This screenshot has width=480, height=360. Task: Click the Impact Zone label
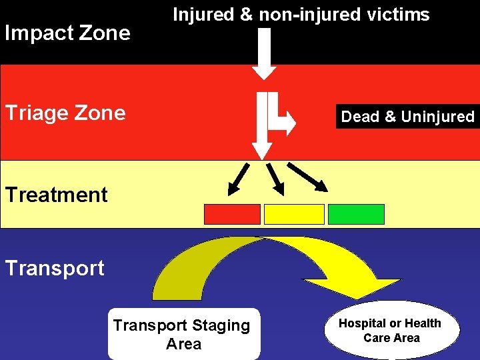[x=67, y=33]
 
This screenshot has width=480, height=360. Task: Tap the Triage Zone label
[x=65, y=113]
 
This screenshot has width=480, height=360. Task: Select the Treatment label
[x=56, y=195]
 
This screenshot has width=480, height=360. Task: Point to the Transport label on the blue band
[x=55, y=268]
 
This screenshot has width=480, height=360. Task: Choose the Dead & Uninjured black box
[x=407, y=117]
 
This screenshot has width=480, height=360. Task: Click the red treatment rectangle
[x=231, y=214]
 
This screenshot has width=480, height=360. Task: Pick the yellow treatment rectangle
[x=294, y=214]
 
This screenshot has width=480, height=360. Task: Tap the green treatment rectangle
[x=356, y=214]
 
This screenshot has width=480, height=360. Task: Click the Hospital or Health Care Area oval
[x=391, y=330]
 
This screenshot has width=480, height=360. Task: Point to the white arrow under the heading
[x=265, y=53]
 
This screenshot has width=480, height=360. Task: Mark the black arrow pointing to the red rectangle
[x=237, y=177]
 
